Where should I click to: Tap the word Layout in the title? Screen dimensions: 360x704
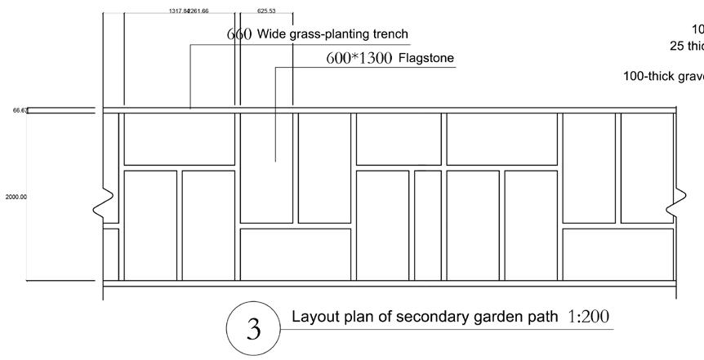pyautogui.click(x=312, y=317)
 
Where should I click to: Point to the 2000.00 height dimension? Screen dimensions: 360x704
pyautogui.click(x=16, y=197)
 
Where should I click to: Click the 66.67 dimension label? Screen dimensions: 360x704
pyautogui.click(x=20, y=109)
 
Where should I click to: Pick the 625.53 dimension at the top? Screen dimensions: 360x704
pyautogui.click(x=266, y=11)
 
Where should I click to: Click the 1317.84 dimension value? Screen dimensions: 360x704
pyautogui.click(x=178, y=11)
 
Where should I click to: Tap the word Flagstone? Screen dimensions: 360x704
pyautogui.click(x=426, y=58)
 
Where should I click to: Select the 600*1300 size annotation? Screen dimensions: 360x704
pyautogui.click(x=359, y=58)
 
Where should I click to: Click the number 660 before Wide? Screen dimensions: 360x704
pyautogui.click(x=238, y=34)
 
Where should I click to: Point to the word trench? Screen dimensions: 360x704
pyautogui.click(x=384, y=34)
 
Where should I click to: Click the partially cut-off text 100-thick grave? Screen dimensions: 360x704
pyautogui.click(x=662, y=76)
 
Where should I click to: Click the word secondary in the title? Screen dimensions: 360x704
pyautogui.click(x=440, y=317)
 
